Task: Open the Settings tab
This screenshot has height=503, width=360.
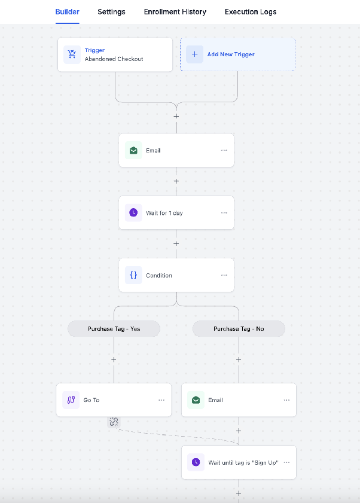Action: point(111,12)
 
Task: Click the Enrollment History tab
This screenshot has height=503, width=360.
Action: point(175,12)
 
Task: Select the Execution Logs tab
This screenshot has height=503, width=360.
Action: point(251,12)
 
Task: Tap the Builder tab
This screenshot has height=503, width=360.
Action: point(68,12)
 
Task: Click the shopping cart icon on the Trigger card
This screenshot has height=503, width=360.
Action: point(72,54)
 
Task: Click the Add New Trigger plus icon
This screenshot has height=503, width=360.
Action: point(195,54)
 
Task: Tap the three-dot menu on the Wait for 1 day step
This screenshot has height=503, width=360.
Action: point(224,213)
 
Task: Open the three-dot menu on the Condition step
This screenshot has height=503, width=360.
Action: point(224,275)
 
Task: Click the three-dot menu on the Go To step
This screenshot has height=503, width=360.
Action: point(161,400)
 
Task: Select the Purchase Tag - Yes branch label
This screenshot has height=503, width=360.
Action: point(114,329)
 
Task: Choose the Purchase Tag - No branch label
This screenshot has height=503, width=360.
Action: point(239,329)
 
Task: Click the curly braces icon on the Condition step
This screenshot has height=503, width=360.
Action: point(133,275)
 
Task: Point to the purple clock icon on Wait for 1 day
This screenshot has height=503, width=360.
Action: point(133,212)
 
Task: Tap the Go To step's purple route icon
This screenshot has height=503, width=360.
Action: point(71,400)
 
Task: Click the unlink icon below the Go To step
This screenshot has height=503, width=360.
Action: point(114,422)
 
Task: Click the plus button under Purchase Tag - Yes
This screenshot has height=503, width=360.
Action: point(114,359)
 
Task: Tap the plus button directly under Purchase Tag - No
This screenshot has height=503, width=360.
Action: point(239,359)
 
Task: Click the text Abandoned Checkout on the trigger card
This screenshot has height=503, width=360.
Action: point(114,59)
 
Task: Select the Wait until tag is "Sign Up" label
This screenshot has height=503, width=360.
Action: point(243,462)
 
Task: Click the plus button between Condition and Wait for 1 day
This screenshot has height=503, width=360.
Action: point(176,243)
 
